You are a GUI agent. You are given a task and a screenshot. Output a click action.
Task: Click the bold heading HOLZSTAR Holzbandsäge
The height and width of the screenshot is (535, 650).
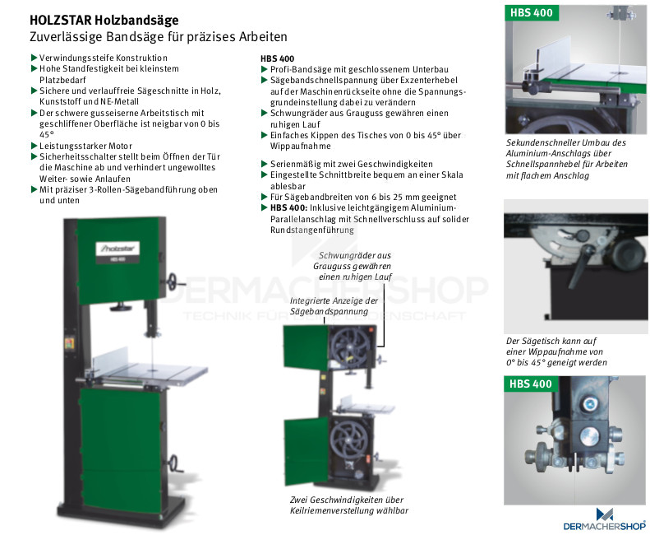tap(104, 21)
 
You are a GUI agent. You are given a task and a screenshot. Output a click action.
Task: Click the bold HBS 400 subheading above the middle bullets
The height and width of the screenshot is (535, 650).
tap(277, 58)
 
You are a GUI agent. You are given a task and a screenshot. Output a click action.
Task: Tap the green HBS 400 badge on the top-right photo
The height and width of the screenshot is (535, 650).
tap(532, 12)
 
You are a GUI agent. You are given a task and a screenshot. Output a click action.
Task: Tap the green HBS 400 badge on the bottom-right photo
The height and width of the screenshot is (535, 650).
tap(531, 384)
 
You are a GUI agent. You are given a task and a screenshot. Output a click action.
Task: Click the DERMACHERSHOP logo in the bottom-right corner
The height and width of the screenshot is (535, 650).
tap(605, 520)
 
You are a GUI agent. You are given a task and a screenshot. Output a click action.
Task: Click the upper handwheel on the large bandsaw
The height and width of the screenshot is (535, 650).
tap(173, 282)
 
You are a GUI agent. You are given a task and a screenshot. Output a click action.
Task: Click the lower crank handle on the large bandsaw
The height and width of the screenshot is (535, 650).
tap(175, 463)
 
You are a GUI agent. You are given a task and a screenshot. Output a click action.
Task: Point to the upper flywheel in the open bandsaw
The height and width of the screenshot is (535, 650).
tap(351, 346)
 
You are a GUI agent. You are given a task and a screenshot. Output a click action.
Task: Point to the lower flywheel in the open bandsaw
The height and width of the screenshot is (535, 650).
tap(349, 440)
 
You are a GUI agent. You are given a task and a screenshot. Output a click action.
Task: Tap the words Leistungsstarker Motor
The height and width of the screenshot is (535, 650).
tap(85, 146)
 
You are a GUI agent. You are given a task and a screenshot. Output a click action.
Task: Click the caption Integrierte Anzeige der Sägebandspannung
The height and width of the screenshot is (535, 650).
tap(334, 305)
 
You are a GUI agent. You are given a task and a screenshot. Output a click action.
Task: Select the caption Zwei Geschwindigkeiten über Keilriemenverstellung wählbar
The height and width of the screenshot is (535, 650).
tap(349, 505)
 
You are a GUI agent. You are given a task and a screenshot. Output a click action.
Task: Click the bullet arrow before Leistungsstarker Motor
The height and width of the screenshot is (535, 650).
tap(35, 146)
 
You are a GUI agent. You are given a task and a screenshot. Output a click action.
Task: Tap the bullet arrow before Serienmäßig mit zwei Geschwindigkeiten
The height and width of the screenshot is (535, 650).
tap(264, 164)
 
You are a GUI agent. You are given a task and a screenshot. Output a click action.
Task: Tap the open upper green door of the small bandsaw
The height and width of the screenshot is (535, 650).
tap(306, 347)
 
